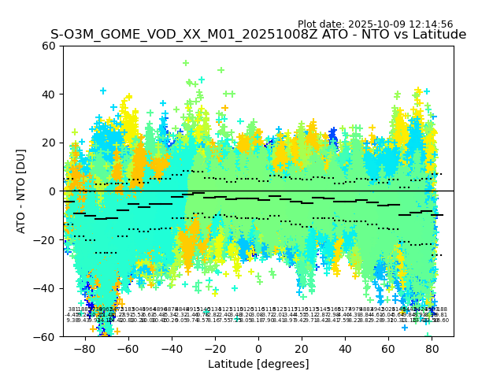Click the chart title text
point(258,35)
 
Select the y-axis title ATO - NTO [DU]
point(22,191)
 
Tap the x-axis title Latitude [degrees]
point(258,364)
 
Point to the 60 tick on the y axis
point(50,46)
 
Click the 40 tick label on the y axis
point(50,94)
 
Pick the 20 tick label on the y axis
point(50,143)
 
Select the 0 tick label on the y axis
point(53,191)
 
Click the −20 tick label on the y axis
point(46,239)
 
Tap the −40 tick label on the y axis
point(46,288)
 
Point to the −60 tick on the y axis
point(46,336)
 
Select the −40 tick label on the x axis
point(172,348)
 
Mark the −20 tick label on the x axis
point(215,348)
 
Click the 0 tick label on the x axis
point(258,348)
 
